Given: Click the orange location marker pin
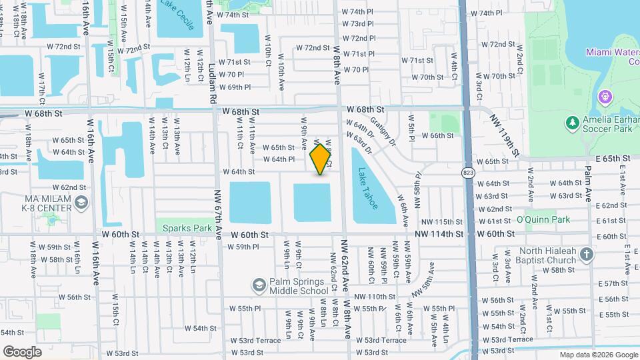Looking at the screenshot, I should coord(321,159).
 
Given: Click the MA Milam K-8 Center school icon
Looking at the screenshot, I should coord(81,203).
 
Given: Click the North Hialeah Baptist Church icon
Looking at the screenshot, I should coord(586,254).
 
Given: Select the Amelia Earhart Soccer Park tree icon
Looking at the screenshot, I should coord(571,123).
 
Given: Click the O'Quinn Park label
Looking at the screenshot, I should coord(543,220).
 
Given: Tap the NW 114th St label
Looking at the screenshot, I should coord(438,234).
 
